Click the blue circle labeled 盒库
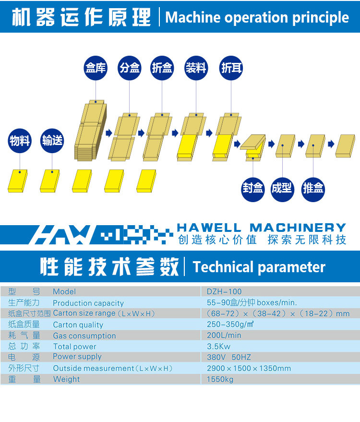click(x=96, y=68)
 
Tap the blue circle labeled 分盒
click(x=130, y=68)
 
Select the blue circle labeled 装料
click(x=196, y=68)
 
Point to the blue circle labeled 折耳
click(x=231, y=68)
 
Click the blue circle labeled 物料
click(x=20, y=141)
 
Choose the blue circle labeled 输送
click(x=52, y=141)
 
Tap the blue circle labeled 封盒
click(x=252, y=189)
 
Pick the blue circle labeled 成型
click(x=282, y=189)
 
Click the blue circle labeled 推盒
click(x=313, y=189)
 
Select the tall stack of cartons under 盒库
click(x=91, y=131)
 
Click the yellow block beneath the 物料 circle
click(x=18, y=181)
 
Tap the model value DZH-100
click(x=224, y=291)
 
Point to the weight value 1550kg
click(x=220, y=379)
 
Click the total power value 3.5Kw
click(x=219, y=346)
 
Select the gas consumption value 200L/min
click(x=224, y=335)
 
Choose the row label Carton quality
click(x=78, y=325)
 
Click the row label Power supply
click(x=77, y=357)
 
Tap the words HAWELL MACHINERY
click(x=262, y=228)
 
